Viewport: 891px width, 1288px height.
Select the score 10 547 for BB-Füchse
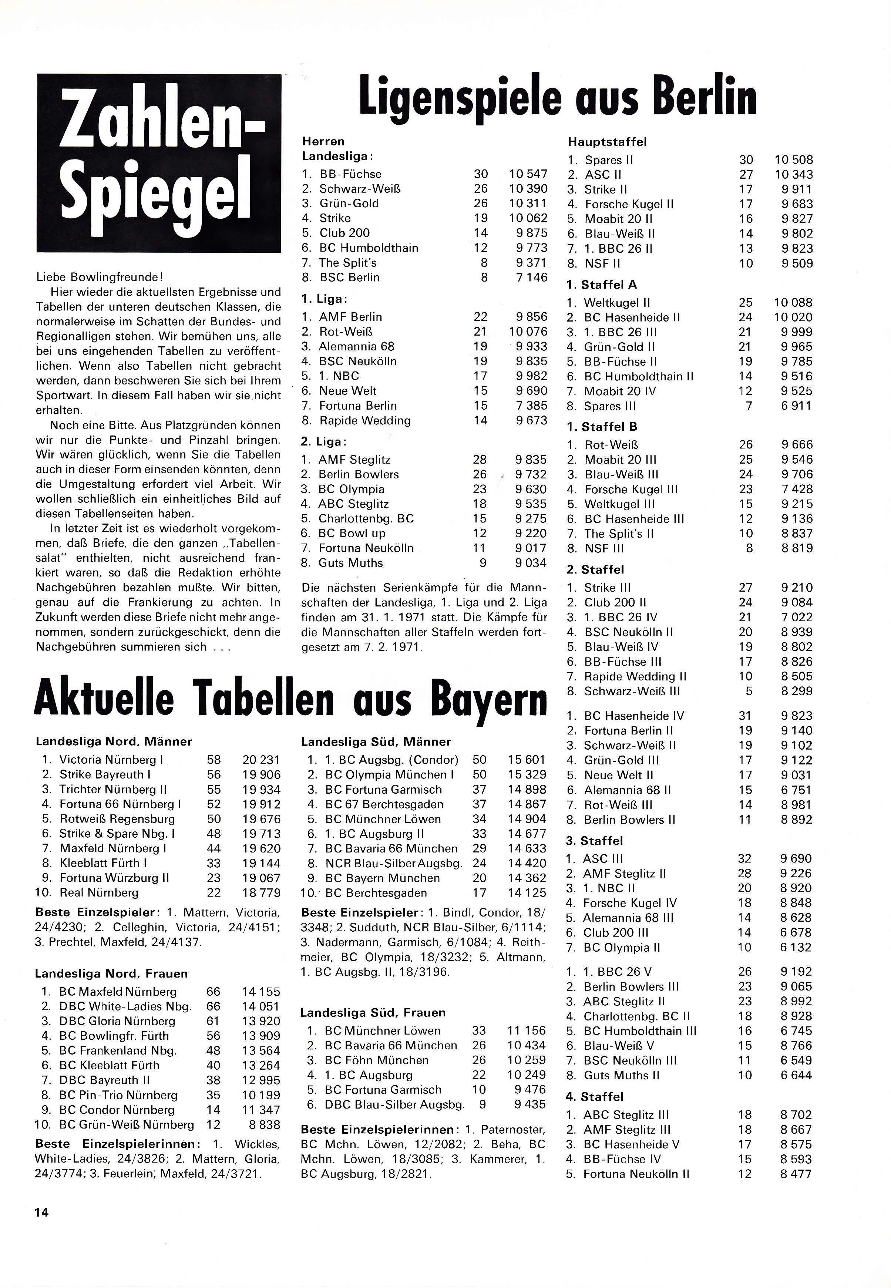tap(528, 174)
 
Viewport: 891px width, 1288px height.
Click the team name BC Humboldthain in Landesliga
tap(369, 248)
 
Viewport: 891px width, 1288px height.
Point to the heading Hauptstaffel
tap(608, 142)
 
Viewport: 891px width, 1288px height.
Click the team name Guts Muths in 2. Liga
tap(351, 563)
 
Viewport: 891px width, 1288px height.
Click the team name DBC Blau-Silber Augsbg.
tap(395, 1104)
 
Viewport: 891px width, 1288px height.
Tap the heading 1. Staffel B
tap(602, 427)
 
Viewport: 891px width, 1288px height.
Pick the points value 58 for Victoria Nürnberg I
tap(214, 760)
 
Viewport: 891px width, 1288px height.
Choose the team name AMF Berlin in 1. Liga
tap(351, 317)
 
